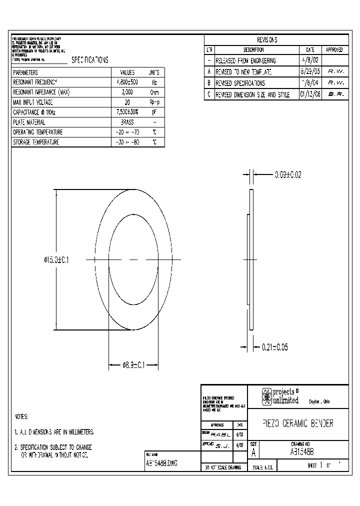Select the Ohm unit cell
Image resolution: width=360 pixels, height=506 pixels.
tap(154, 92)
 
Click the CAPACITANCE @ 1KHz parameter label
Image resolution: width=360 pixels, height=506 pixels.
tap(34, 112)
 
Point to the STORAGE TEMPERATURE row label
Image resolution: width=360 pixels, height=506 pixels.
tap(36, 142)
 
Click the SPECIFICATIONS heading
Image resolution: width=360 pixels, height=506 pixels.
tap(90, 60)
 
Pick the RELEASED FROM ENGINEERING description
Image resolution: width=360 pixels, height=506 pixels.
tap(245, 61)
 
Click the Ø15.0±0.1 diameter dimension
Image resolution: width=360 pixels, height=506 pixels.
tap(56, 259)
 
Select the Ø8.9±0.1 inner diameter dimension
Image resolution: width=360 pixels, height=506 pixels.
tap(133, 365)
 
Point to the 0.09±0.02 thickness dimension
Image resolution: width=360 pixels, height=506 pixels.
tap(288, 175)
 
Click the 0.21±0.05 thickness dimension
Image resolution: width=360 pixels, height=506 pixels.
tap(274, 347)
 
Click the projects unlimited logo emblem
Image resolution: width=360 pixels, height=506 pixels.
tap(267, 397)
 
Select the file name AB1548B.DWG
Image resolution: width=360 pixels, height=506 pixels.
tap(161, 463)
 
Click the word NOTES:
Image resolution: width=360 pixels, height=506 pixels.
tap(21, 416)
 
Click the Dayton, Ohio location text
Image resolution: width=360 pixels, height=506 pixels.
tap(319, 401)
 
